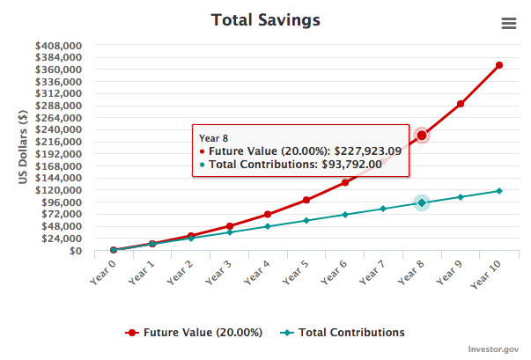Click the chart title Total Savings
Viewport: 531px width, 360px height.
265,19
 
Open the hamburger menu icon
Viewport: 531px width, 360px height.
508,24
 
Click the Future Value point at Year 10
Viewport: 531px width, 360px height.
499,65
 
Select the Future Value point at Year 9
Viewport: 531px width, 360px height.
461,104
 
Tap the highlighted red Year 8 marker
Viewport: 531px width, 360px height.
422,136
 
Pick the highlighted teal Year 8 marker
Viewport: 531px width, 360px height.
422,202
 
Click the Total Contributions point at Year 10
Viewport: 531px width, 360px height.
499,191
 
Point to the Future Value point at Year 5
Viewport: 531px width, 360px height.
306,200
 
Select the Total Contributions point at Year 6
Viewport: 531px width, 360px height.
345,215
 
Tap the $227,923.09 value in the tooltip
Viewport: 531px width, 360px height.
368,151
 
